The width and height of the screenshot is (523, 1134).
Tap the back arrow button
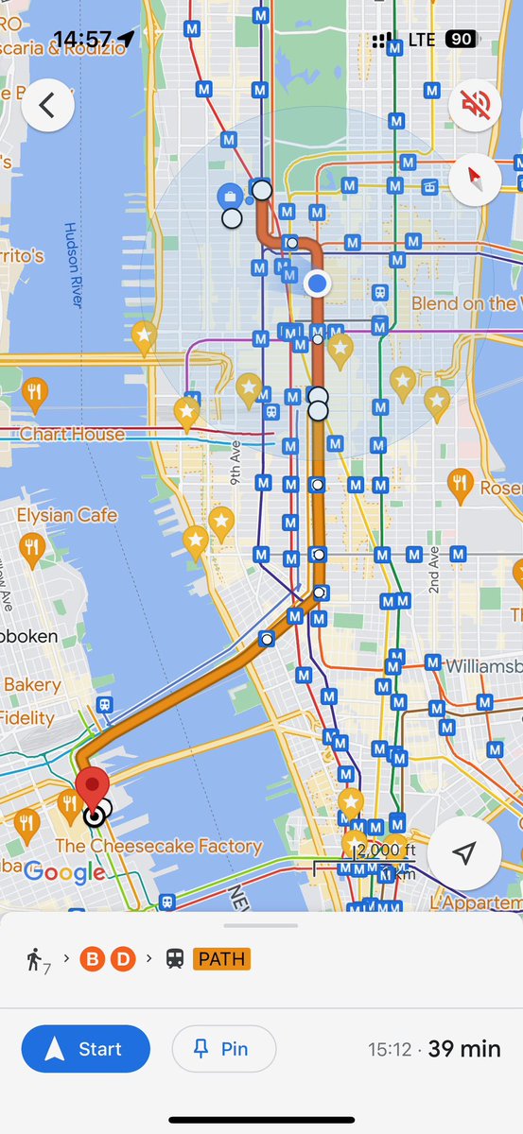tap(48, 106)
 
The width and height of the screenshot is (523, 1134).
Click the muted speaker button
tap(475, 106)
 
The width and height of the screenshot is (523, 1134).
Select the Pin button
tap(224, 1049)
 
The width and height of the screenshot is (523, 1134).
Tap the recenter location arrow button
tap(462, 853)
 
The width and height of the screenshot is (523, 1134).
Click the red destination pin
tap(93, 790)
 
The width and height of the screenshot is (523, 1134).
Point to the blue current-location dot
tap(317, 282)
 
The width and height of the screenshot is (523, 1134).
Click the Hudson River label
tap(72, 265)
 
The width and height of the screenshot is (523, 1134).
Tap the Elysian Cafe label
tap(67, 515)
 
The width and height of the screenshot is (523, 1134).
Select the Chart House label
tap(72, 434)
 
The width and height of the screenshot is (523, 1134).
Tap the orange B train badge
tap(93, 960)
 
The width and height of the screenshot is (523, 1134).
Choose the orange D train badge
tap(123, 960)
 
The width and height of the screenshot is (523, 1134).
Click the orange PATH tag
tap(220, 960)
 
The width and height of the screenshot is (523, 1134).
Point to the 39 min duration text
tap(464, 1049)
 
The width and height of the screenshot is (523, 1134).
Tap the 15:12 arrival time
tap(390, 1050)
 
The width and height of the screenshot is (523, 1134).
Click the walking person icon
tap(36, 960)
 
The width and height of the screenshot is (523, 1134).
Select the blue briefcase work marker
tap(228, 197)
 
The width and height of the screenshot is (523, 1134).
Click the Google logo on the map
tap(64, 872)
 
